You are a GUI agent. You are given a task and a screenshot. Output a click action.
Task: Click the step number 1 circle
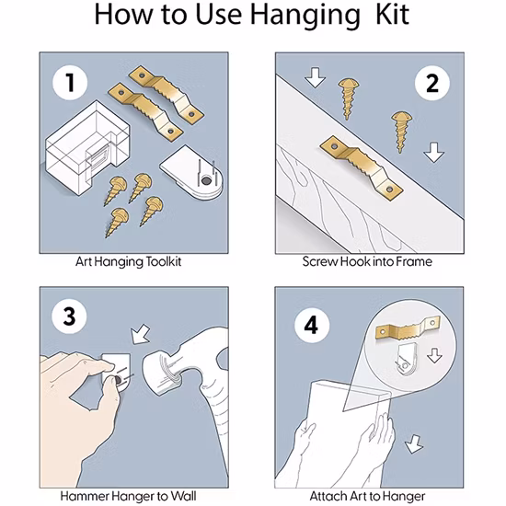pos(70,83)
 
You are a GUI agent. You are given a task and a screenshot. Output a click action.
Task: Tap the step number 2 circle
pos(432,83)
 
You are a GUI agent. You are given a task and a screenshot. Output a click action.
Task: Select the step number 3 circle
pos(69,316)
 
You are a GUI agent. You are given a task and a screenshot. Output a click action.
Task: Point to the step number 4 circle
pos(311,325)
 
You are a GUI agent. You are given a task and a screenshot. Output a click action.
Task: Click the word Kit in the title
pos(393,15)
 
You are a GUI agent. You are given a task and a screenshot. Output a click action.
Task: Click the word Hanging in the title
pos(305,17)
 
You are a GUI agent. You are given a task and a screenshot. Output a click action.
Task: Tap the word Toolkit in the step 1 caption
pos(164,261)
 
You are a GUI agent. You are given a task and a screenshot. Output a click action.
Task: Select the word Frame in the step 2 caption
pos(414,261)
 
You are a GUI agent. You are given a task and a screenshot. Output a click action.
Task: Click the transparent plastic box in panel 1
pos(87,148)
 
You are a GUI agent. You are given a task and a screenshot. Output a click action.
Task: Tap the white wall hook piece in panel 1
pos(191,173)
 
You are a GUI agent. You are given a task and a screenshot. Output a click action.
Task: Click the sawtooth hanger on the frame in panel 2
pos(362,168)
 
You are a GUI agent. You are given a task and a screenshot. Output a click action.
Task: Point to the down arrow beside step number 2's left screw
pos(315,78)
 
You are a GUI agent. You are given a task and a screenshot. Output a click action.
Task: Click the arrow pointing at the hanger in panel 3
pos(141,334)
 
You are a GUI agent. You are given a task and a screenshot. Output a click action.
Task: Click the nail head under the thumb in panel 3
pos(118,380)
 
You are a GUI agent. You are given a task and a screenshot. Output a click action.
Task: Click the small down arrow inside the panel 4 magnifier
pos(434,355)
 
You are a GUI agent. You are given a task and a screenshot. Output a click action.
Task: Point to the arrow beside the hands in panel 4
pos(414,444)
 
